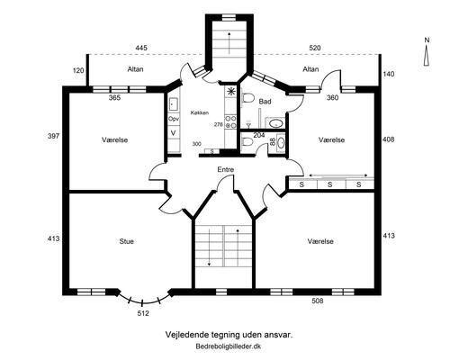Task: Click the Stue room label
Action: click(x=126, y=241)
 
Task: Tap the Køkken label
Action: click(x=200, y=112)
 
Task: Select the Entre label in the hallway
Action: click(x=226, y=169)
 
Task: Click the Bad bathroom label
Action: click(x=265, y=102)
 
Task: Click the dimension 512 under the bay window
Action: click(x=143, y=313)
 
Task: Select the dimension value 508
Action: click(x=318, y=301)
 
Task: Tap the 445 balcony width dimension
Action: click(x=141, y=48)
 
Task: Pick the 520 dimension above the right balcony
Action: click(x=315, y=48)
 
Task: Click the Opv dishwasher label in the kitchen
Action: click(x=174, y=119)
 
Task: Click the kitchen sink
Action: click(x=174, y=104)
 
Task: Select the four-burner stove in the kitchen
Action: click(x=231, y=122)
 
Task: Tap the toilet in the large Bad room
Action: click(x=247, y=98)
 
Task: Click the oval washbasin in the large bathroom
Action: click(x=276, y=123)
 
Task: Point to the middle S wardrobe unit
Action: click(x=330, y=184)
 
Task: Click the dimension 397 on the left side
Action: click(x=53, y=136)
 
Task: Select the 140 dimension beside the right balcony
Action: click(x=389, y=74)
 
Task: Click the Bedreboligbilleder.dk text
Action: click(x=229, y=346)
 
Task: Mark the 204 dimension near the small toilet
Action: click(x=259, y=135)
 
